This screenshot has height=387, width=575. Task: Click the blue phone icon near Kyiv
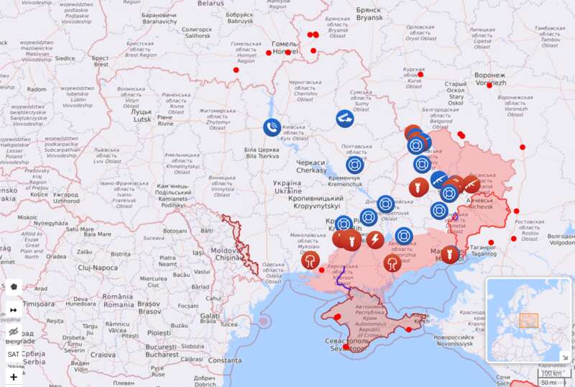coord(272,127)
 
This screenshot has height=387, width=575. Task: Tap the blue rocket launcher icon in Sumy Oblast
coord(345,117)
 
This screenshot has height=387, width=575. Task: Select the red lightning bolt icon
coord(375,239)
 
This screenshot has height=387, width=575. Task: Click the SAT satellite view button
coord(14,354)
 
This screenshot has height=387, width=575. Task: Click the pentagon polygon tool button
coord(14,287)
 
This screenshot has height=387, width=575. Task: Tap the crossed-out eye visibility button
coord(14,332)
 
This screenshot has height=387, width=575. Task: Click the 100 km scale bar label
coord(551,373)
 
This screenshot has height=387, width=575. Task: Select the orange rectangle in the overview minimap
coord(529,321)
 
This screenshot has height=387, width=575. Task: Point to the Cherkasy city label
coord(310,166)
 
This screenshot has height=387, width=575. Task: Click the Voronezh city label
coord(489,79)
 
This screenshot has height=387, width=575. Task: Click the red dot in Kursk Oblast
coord(420,74)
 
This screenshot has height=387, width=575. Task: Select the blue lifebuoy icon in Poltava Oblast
coord(355,165)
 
